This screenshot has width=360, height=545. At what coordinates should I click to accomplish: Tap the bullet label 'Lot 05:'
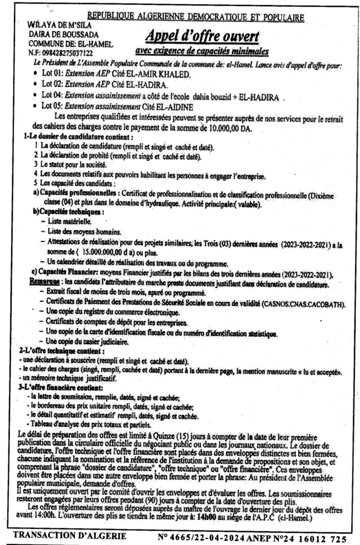(53, 105)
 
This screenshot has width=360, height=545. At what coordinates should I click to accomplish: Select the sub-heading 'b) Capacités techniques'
(67, 212)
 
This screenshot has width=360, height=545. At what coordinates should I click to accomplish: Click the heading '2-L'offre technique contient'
(55, 352)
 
